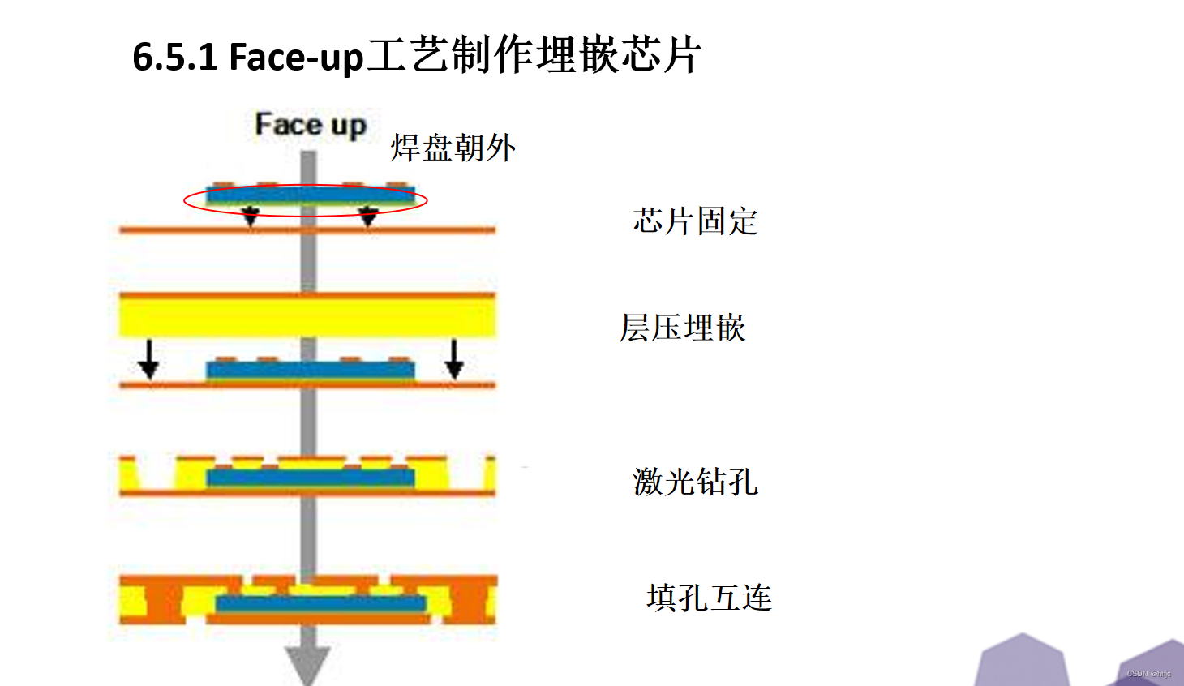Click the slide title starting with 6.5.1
click(416, 56)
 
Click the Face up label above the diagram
click(311, 125)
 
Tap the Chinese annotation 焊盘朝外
click(453, 148)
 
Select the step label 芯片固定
click(695, 221)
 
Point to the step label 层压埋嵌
click(682, 328)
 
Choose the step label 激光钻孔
click(695, 482)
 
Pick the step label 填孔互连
click(709, 598)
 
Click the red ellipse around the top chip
click(185, 199)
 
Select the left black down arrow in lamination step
click(148, 359)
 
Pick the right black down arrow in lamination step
click(454, 359)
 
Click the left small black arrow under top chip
click(251, 216)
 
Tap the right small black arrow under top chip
click(368, 216)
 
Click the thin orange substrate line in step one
click(162, 230)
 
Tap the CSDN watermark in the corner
click(1148, 674)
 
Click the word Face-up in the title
click(296, 57)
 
